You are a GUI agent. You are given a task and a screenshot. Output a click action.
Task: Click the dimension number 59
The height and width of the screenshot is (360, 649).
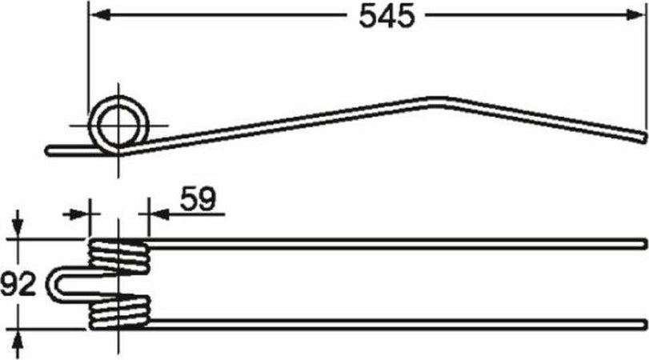point(196,199)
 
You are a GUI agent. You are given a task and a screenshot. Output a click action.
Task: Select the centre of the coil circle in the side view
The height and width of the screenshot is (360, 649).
point(120,125)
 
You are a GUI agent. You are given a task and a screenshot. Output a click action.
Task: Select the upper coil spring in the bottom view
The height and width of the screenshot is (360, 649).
point(118,255)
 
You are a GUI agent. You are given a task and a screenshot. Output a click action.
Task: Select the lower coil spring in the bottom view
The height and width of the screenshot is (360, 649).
point(118,311)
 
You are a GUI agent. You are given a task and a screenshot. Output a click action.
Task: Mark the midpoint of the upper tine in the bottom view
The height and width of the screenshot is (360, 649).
point(396,242)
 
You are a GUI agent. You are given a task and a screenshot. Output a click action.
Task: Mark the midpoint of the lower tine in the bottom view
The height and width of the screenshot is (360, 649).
point(396,323)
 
